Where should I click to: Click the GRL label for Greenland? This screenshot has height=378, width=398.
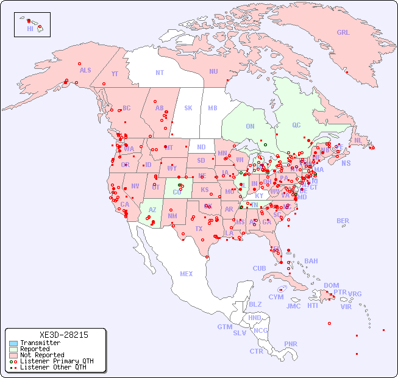[x=343, y=33]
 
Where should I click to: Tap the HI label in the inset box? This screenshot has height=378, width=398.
[x=30, y=28]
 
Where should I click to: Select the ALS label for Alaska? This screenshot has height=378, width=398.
[x=85, y=70]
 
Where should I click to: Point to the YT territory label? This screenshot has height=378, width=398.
[x=115, y=74]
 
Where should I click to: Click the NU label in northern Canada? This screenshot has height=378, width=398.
[x=213, y=71]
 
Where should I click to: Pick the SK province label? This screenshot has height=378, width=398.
[x=188, y=108]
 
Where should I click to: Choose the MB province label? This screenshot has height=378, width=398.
[x=212, y=108]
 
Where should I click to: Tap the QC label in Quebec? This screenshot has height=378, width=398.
[x=296, y=125]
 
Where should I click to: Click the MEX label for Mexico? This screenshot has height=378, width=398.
[x=187, y=274]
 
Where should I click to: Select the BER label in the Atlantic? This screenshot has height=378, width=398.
[x=343, y=221]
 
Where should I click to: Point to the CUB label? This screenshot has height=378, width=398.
[x=259, y=268]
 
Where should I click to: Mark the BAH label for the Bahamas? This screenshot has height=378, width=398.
[x=311, y=261]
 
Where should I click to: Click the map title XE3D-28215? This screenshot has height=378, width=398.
[x=63, y=335]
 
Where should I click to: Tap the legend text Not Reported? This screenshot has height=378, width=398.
[x=42, y=355]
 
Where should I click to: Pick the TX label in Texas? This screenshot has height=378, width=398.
[x=199, y=229]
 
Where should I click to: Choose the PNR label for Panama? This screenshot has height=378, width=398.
[x=291, y=344]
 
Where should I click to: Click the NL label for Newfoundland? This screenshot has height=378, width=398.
[x=358, y=140]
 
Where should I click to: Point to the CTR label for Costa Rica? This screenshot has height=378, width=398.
[x=256, y=351]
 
